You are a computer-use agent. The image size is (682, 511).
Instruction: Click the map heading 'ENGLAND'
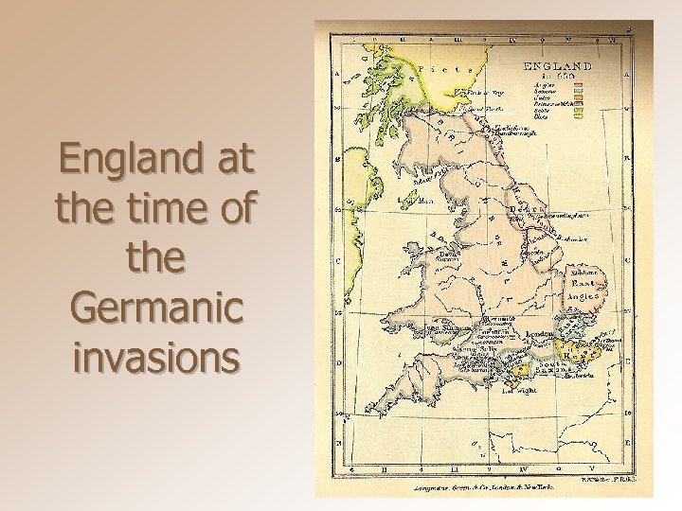[558, 67]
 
